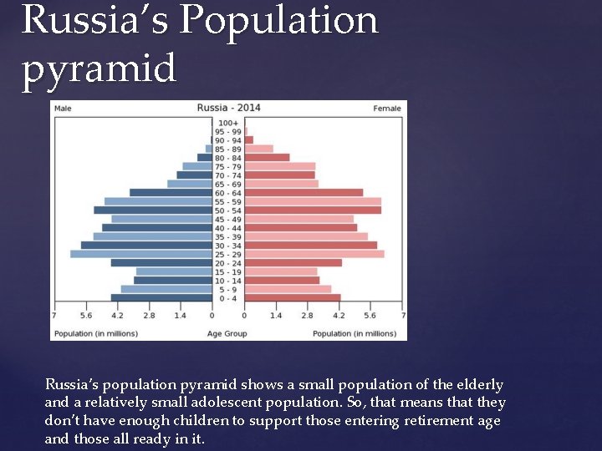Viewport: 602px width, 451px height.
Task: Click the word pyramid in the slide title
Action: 99,68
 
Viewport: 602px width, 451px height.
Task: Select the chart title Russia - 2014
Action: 227,108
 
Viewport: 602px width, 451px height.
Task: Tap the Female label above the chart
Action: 387,108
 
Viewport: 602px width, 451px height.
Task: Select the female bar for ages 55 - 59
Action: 313,201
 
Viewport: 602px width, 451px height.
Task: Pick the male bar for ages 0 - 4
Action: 161,297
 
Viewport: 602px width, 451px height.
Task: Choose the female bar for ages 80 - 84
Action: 267,157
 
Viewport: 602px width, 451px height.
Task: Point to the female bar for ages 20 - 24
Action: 293,262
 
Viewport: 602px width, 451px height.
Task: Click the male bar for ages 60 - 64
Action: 171,192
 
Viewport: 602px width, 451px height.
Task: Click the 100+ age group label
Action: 227,123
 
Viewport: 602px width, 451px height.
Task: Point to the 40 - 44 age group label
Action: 227,228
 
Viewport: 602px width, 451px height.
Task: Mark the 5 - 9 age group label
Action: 227,289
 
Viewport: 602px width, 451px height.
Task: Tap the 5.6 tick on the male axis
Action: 85,317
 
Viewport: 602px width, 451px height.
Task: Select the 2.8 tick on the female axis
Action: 307,317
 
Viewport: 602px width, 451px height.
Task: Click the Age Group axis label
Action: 227,334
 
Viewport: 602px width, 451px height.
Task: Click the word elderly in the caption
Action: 478,385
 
